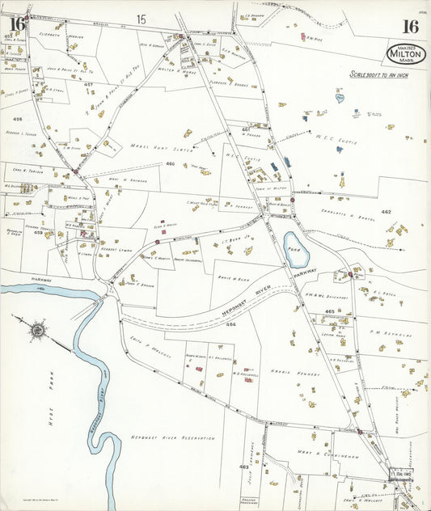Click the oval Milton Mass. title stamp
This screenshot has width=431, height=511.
[x=406, y=54]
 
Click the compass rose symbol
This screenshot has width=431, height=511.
[x=36, y=330]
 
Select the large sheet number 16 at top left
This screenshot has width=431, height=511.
[x=17, y=26]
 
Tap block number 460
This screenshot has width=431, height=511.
[x=171, y=164]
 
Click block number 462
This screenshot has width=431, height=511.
[x=386, y=212]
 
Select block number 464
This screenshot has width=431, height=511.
[x=231, y=325]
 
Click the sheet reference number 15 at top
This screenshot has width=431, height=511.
[x=141, y=19]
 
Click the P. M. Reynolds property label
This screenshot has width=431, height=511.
[x=391, y=333]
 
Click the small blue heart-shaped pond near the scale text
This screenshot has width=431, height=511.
[x=340, y=98]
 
